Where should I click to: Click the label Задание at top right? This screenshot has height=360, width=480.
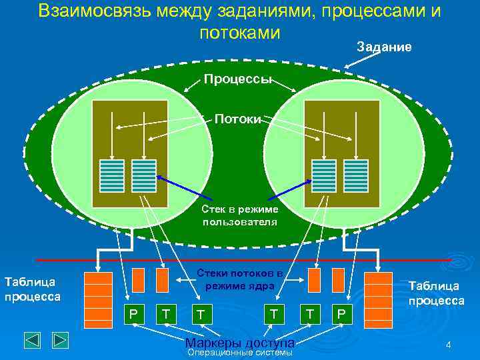[384, 47]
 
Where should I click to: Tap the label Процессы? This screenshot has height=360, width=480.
[237, 79]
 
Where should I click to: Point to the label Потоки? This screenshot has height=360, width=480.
[238, 119]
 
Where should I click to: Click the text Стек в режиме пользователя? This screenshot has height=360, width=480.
[239, 215]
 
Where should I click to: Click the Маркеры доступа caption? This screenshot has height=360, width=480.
[239, 343]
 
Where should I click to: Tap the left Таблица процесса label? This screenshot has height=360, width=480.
[32, 289]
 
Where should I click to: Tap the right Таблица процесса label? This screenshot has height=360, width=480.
[437, 293]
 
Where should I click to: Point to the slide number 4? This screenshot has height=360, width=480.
[448, 345]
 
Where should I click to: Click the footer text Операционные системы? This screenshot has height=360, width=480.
[240, 353]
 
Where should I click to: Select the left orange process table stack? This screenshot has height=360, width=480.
[98, 296]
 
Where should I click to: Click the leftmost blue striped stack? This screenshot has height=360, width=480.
[112, 177]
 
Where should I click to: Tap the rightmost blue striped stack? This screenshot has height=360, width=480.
[356, 177]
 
